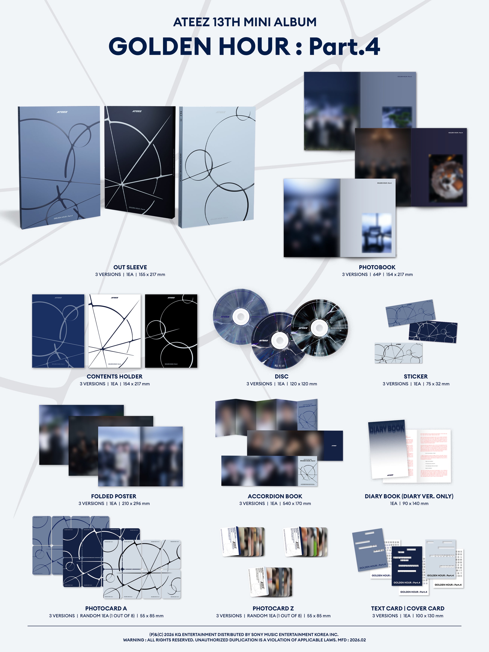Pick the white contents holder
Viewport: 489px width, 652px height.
pyautogui.click(x=114, y=331)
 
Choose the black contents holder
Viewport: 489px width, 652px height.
pyautogui.click(x=171, y=331)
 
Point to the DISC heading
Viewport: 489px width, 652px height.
pyautogui.click(x=282, y=376)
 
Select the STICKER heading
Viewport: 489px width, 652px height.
pyautogui.click(x=416, y=376)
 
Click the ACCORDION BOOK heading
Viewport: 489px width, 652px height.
pyautogui.click(x=275, y=496)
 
